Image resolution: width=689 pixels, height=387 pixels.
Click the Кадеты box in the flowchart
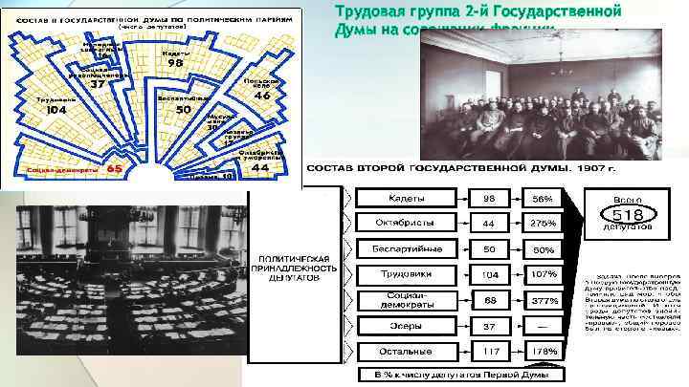click(408, 198)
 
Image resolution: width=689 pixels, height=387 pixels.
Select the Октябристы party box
click(408, 223)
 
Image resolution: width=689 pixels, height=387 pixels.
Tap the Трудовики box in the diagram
click(408, 273)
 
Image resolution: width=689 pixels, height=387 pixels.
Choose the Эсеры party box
click(408, 325)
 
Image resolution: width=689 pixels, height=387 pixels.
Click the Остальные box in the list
click(408, 350)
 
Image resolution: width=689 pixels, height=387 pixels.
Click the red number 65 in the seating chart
click(113, 168)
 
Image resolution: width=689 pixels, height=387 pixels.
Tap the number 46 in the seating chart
click(261, 97)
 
